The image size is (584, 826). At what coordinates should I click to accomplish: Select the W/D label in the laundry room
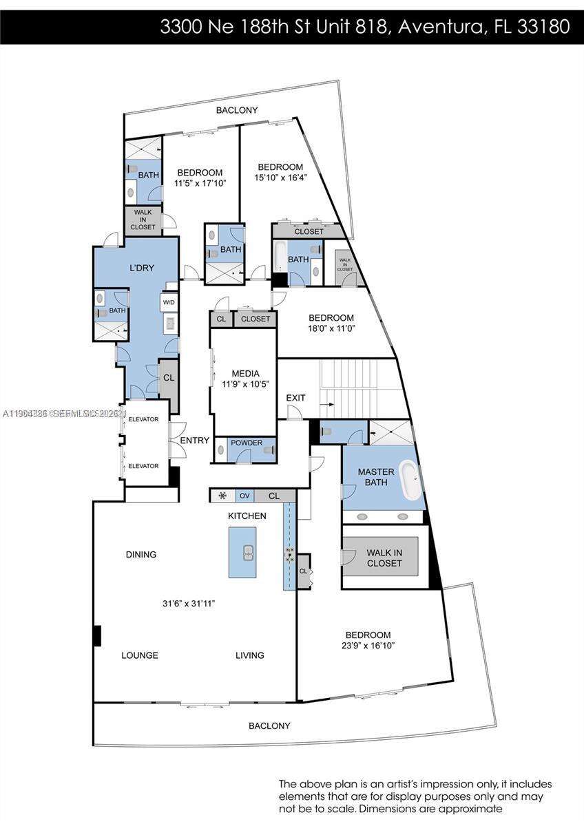[169, 302]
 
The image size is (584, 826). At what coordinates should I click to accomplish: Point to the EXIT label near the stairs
[296, 398]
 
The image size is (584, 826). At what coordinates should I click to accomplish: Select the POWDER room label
[247, 443]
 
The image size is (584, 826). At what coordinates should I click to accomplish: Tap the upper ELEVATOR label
[144, 419]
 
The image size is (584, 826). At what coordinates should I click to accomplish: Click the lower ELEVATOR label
[144, 466]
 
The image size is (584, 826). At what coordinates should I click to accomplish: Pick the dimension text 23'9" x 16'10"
[368, 646]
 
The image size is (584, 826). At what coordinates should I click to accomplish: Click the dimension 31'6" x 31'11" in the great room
[189, 604]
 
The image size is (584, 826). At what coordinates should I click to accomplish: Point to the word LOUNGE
[140, 655]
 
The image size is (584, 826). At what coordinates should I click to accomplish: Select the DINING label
[141, 554]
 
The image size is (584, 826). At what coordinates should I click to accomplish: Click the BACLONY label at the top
[236, 110]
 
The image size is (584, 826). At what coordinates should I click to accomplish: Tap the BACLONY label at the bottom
[269, 726]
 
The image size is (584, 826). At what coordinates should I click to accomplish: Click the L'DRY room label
[142, 268]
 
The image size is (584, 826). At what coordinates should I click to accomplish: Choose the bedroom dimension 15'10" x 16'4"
[281, 178]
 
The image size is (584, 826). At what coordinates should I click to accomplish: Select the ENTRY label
[195, 441]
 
